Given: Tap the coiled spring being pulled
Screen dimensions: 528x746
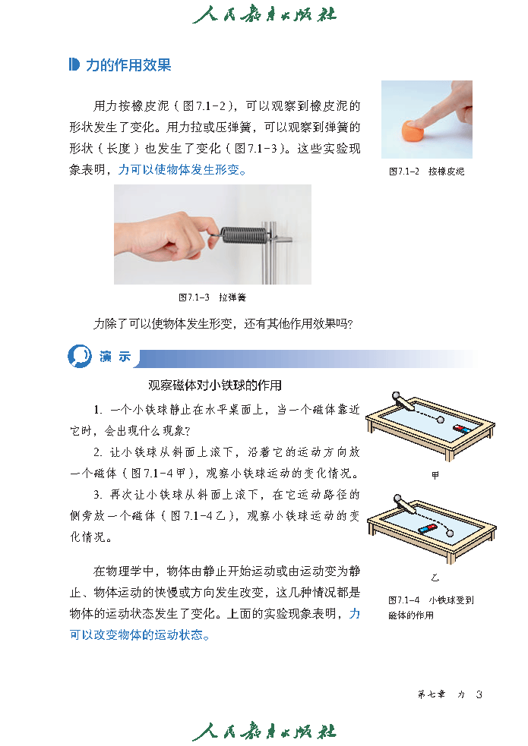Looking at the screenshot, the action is tap(244, 234).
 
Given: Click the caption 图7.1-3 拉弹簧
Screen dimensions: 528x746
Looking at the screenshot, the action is tap(213, 297).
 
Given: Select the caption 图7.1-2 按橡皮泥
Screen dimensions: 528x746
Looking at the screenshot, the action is tap(427, 172).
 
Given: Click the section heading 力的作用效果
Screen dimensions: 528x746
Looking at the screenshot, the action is tap(128, 65).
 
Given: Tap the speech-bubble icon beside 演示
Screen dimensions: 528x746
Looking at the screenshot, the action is tap(80, 356).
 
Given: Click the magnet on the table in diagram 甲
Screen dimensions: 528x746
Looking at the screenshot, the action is tap(462, 428).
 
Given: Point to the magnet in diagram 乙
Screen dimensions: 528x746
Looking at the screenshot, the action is tap(427, 529).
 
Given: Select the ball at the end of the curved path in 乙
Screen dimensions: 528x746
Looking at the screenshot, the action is tap(451, 534).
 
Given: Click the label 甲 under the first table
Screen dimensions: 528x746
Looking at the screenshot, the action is tap(435, 475).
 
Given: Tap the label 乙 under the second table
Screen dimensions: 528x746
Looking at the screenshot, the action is tap(435, 578).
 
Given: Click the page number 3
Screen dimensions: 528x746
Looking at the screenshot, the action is tap(479, 694).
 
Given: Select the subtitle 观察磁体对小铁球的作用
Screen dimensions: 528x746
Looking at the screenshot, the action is tap(215, 385).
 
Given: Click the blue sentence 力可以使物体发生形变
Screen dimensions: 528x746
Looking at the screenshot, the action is tap(182, 169).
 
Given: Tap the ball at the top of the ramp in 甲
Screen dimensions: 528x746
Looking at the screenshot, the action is tap(396, 395).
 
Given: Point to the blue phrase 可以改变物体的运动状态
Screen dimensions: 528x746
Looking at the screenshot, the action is tap(140, 634).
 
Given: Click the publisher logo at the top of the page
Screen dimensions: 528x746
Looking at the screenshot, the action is tap(264, 14).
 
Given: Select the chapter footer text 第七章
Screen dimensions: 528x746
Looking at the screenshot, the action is tap(432, 694).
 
